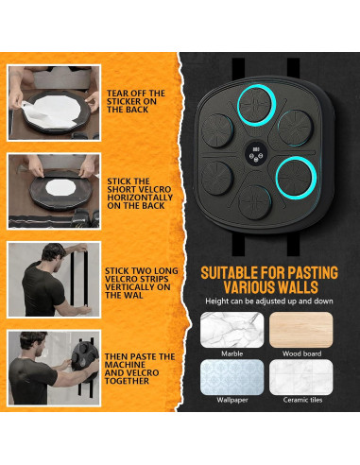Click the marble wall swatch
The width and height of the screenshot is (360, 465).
232,330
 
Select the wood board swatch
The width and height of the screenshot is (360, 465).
301,330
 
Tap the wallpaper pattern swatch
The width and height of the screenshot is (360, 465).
232,377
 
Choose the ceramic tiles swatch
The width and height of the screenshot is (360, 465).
301,377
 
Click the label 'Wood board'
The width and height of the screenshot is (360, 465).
301,353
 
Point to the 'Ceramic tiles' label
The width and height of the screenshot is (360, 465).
302,400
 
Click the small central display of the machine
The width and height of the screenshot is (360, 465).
256,154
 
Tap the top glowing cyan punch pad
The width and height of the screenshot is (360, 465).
256,105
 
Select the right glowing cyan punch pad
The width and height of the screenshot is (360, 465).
296,178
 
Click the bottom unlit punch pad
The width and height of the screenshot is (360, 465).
254,202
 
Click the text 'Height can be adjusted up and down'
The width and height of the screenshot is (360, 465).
269,301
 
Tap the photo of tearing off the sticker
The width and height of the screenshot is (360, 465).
54,103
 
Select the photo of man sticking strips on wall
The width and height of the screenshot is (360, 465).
54,280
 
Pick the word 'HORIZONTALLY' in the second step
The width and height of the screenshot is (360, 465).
140,198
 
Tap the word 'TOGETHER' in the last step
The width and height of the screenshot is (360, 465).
127,381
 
